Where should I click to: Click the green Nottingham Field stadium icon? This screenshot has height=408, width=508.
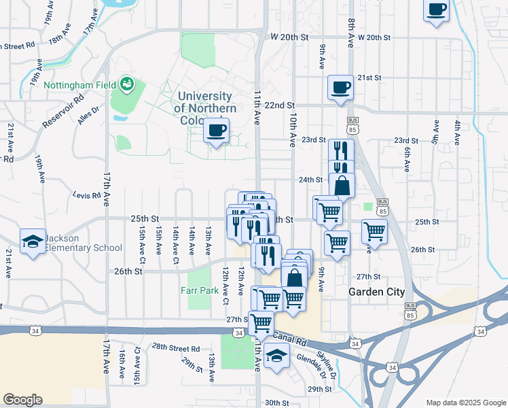[126, 84]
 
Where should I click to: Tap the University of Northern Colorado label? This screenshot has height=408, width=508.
[205, 108]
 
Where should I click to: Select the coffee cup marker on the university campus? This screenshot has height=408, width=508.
[217, 131]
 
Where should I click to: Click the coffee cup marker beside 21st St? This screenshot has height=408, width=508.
[340, 88]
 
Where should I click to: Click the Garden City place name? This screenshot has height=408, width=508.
[376, 292]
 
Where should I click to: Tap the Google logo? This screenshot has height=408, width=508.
[22, 400]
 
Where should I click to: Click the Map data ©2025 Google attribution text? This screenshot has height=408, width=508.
[465, 402]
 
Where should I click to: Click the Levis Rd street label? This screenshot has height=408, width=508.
[87, 195]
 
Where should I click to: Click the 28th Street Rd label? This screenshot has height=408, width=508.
[175, 347]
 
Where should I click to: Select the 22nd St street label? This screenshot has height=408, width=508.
[279, 105]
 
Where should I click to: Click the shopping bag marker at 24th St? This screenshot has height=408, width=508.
[342, 185]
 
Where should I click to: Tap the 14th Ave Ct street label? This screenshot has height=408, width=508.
[175, 241]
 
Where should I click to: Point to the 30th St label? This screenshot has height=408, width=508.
[277, 402]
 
